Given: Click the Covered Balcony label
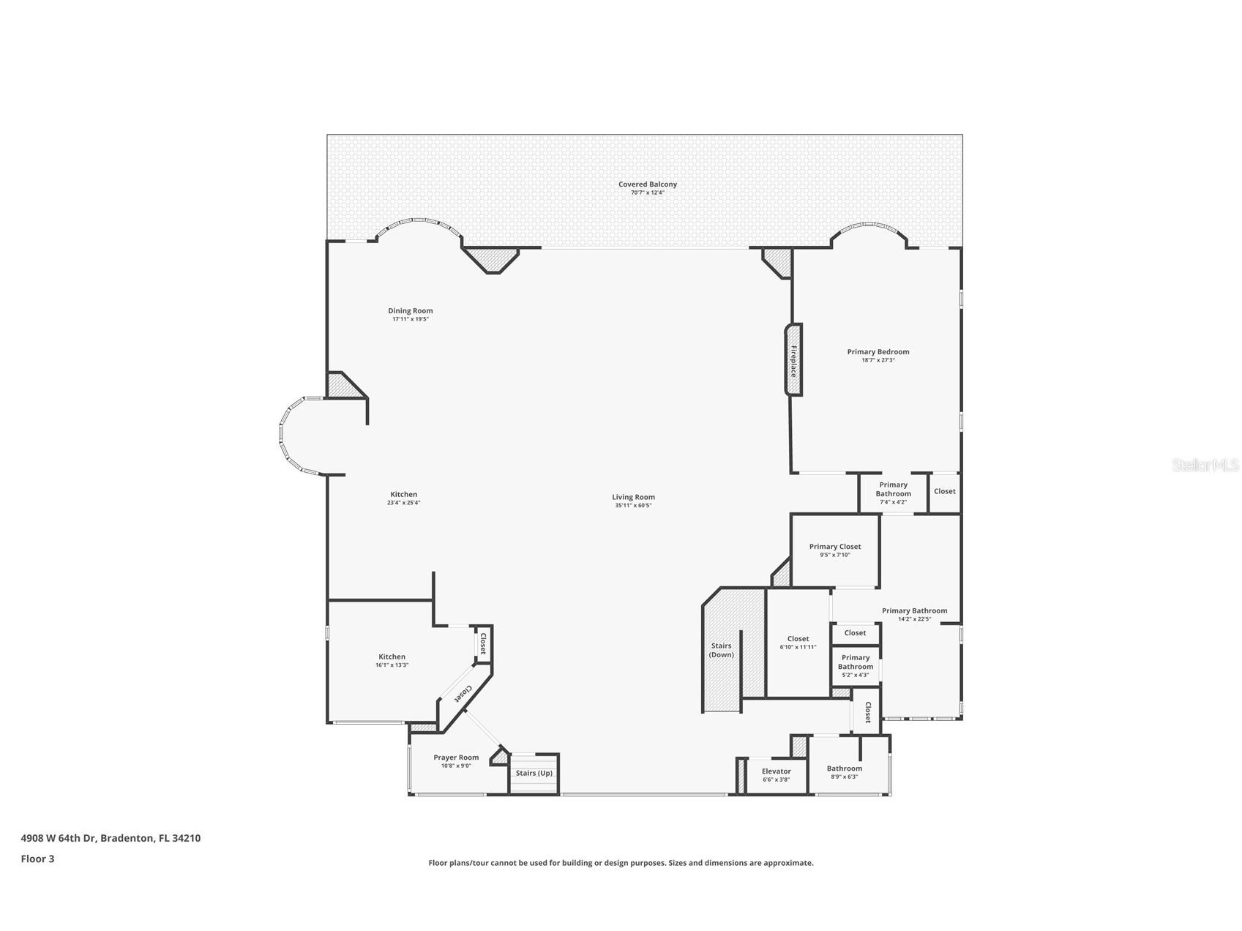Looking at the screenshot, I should (x=647, y=184).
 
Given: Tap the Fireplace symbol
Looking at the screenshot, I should (x=793, y=360).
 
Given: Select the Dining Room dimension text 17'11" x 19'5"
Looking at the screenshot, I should (x=410, y=319).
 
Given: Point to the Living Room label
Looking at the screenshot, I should (x=633, y=497).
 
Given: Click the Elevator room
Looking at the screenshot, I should (x=776, y=775).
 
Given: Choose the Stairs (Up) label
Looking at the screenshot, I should (x=534, y=773).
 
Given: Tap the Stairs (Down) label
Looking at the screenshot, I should (x=721, y=650).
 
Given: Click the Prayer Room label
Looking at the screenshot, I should (x=456, y=758).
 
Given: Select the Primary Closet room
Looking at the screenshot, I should (x=834, y=550).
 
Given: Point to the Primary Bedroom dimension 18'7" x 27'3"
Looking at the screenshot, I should (x=878, y=360).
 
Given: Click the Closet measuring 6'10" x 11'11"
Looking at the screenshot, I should (x=798, y=643).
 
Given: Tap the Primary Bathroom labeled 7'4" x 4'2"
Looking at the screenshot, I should (x=893, y=493).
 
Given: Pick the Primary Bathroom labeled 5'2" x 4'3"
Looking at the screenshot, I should (x=855, y=665).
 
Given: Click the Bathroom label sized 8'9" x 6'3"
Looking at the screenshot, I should (x=844, y=769).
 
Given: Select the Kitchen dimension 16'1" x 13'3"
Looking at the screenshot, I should (x=392, y=665).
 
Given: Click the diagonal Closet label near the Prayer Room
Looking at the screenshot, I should (x=463, y=692).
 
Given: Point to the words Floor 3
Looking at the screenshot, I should (x=37, y=859).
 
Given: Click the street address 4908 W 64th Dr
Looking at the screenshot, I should (x=59, y=838).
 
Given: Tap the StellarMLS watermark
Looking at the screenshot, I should (x=1205, y=465).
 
